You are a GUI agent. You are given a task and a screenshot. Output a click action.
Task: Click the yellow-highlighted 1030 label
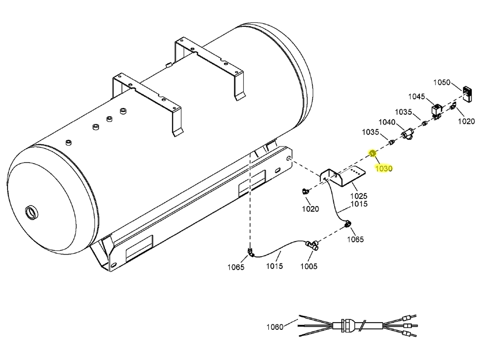pyautogui.click(x=384, y=168)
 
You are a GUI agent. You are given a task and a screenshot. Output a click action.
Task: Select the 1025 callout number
pyautogui.click(x=359, y=196)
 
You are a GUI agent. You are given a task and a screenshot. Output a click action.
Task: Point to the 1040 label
pyautogui.click(x=387, y=122)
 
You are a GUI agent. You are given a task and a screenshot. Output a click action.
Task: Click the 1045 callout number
pyautogui.click(x=416, y=96)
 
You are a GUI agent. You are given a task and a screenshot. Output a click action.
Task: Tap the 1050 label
pyautogui.click(x=441, y=83)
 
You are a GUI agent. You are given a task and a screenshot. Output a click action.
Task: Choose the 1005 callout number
pyautogui.click(x=308, y=266)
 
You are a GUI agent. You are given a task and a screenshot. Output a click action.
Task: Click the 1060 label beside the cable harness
pyautogui.click(x=275, y=327)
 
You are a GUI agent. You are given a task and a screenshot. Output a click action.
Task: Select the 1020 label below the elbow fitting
pyautogui.click(x=310, y=209)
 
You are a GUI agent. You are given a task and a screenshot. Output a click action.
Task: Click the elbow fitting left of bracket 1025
pyautogui.click(x=305, y=191)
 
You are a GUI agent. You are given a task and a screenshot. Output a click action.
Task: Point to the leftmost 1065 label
pyautogui.click(x=236, y=267)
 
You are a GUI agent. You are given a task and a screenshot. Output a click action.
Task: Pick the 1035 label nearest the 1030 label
pyautogui.click(x=370, y=132)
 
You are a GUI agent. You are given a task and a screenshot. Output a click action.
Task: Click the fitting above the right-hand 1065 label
pyautogui.click(x=348, y=226)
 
